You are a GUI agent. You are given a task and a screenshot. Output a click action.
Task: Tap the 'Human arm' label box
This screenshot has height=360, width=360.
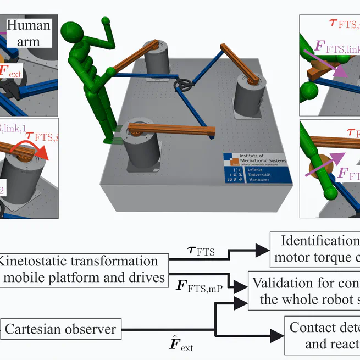click(x=29, y=32)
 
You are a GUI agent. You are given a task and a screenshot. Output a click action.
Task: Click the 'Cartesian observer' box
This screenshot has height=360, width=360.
click(x=60, y=329)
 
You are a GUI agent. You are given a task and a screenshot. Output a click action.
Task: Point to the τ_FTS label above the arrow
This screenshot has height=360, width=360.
click(x=201, y=252)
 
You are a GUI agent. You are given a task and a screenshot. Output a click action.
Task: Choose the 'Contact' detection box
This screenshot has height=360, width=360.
click(x=322, y=335)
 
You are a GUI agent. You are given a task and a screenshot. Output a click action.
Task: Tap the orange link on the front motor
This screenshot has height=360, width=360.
click(x=171, y=131)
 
